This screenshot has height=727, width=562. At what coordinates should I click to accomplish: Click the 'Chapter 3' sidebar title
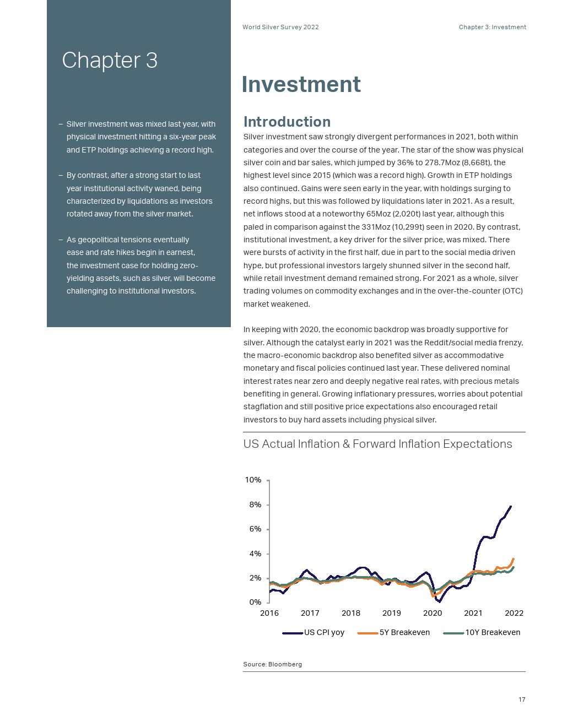(x=110, y=60)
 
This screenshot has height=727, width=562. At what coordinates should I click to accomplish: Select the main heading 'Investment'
(x=301, y=84)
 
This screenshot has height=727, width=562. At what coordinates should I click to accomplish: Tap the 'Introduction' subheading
(x=287, y=122)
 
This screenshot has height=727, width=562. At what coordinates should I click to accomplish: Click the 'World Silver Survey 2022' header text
(x=280, y=27)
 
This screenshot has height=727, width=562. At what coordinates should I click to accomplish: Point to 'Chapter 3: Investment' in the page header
(x=492, y=27)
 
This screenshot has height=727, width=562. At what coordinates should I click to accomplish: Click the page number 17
(x=522, y=699)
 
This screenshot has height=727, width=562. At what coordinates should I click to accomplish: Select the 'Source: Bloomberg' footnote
(x=272, y=664)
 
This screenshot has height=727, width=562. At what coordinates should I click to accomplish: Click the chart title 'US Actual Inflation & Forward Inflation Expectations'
(x=377, y=444)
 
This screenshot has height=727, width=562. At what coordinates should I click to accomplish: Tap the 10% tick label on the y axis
(x=253, y=480)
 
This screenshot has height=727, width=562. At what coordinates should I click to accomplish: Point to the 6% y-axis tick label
(x=255, y=529)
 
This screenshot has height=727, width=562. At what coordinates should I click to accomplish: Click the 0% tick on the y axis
(x=255, y=603)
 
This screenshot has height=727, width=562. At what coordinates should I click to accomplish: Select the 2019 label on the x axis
(x=392, y=613)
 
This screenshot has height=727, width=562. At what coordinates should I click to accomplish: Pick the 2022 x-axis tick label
(x=514, y=613)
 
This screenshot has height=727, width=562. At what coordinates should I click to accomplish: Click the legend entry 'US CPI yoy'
(x=324, y=632)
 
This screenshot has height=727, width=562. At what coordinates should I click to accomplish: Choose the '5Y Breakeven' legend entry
(x=404, y=632)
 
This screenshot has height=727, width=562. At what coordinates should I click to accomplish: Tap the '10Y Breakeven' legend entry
(x=493, y=632)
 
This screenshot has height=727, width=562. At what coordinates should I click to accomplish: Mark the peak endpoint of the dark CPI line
(x=511, y=506)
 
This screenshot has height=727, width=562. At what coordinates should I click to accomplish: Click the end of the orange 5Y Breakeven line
(x=514, y=558)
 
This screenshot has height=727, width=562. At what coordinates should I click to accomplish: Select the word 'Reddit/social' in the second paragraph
(x=448, y=343)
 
